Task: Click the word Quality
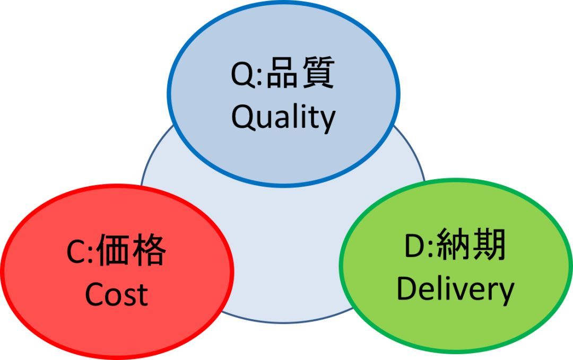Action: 283,118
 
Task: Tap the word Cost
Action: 116,294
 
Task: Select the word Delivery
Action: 455,290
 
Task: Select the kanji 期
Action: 488,247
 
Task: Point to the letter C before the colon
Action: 75,253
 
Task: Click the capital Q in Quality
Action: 242,118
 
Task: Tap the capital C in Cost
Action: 94,295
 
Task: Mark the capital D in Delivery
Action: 407,289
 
